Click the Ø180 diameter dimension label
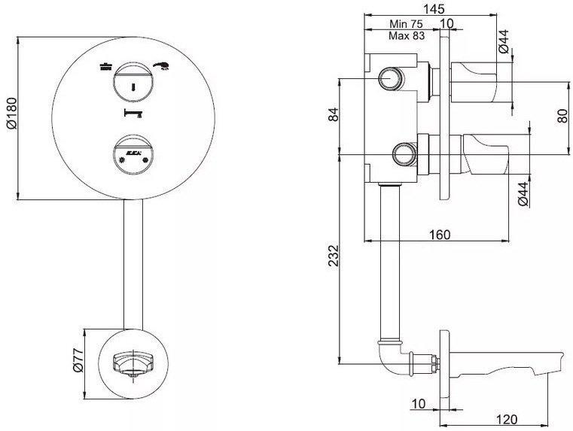[x=11, y=117]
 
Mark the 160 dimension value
[x=439, y=235]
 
